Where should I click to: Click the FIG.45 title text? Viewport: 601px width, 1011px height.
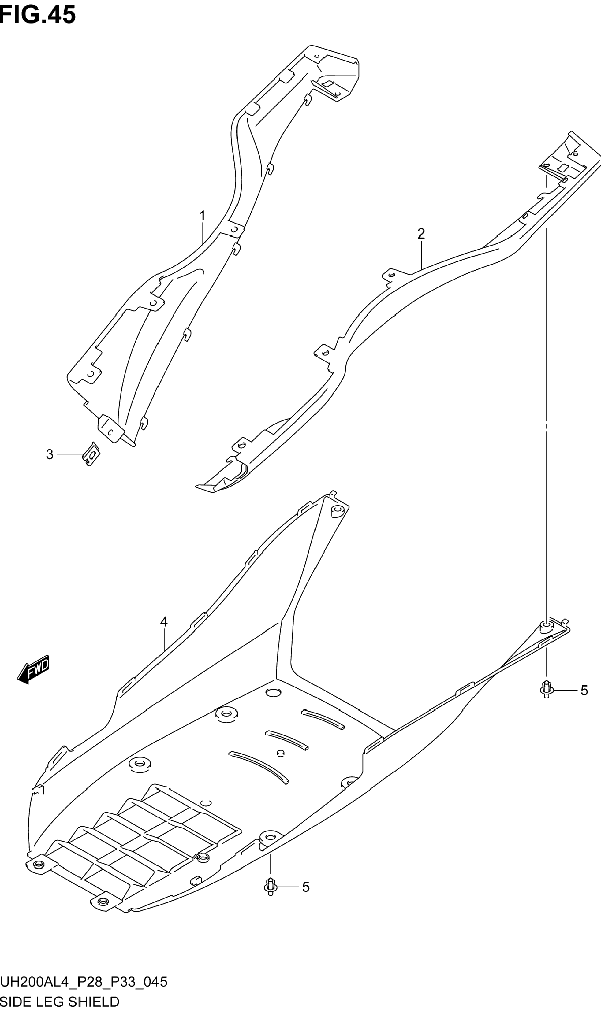(38, 15)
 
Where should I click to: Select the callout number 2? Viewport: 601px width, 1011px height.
(421, 234)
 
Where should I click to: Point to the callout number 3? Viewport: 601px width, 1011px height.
(49, 454)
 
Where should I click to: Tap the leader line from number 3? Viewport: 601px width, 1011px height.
(70, 454)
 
